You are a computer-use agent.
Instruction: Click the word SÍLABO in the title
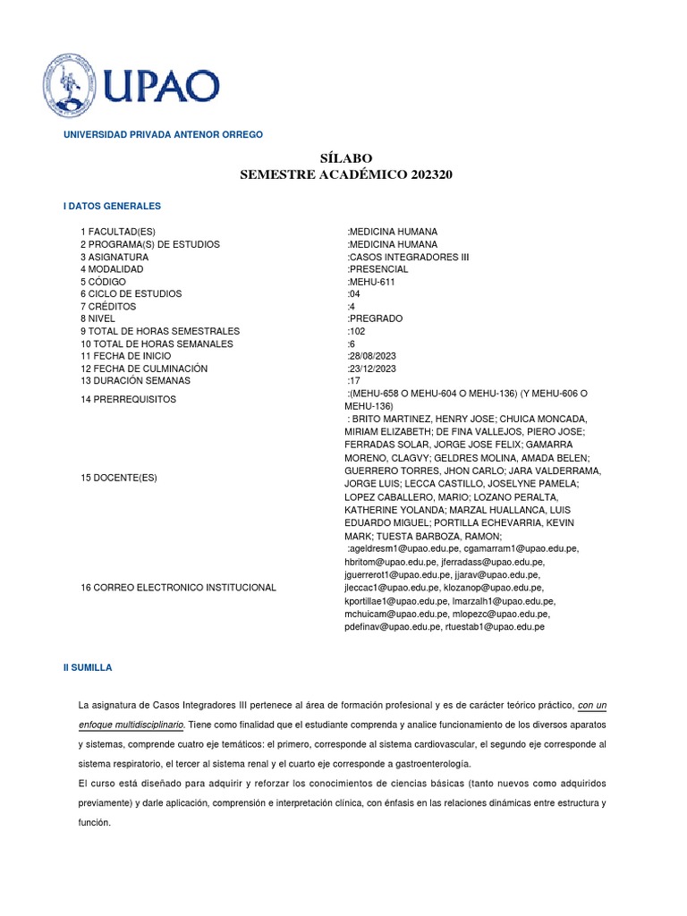346,157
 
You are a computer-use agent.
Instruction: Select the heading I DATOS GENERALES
112,206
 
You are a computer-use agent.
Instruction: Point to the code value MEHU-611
371,282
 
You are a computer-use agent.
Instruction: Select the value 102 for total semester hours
356,331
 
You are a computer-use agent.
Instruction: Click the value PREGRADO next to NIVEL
376,318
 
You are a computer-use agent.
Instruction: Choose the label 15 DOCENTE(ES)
119,478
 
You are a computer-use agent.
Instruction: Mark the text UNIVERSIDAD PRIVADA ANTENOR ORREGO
162,134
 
